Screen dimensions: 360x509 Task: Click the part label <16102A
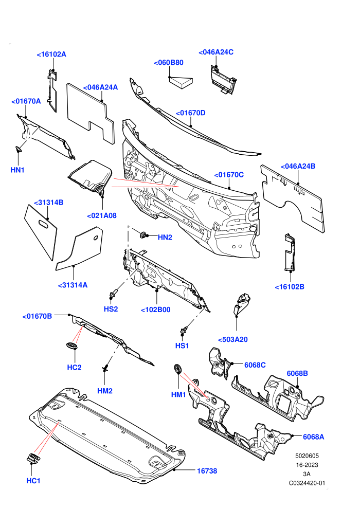coord(51,54)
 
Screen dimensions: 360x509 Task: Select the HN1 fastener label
coord(17,170)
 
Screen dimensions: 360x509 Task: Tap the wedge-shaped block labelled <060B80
coord(181,82)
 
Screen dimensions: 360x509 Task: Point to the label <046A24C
coord(216,52)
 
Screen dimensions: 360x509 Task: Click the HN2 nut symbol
coord(143,234)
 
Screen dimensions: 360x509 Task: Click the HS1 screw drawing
coord(184,332)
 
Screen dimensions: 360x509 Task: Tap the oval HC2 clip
coord(71,346)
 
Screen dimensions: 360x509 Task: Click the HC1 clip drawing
coord(33,459)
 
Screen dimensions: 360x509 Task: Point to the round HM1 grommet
coord(178,369)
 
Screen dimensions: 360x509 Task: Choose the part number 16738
coord(207,470)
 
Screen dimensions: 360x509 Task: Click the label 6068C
coord(255,365)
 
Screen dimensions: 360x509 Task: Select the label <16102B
coord(290,287)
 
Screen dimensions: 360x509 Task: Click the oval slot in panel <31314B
coord(44,224)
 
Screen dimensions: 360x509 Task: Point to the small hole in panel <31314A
coord(96,238)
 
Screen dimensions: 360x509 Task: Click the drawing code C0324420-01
coord(307,483)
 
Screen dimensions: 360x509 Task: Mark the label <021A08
coord(102,215)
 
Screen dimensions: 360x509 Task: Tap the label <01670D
coord(191,113)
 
